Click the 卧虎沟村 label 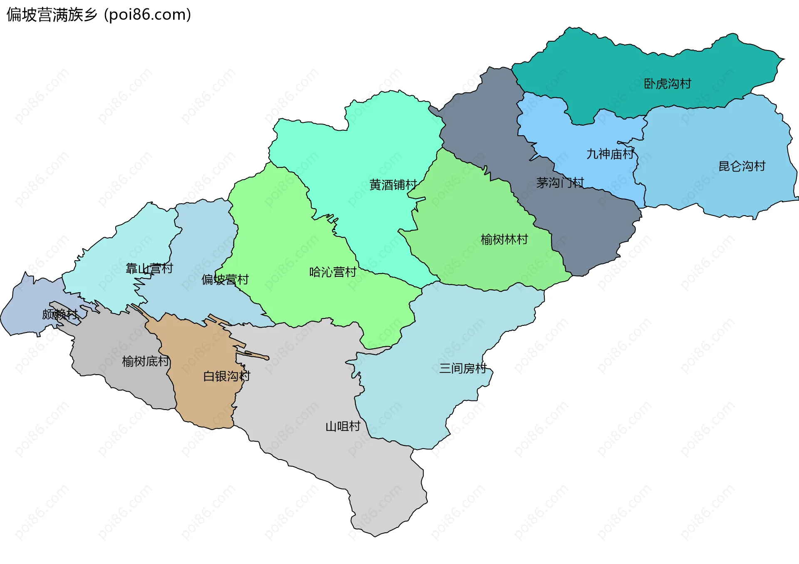(667, 84)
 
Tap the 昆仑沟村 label (742, 166)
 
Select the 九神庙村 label (610, 154)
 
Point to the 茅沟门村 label (560, 182)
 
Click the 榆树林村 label (504, 239)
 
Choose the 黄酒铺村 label (393, 184)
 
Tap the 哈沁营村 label (333, 272)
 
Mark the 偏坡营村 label (225, 279)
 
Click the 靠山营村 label (149, 268)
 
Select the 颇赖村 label (60, 314)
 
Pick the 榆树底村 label (146, 361)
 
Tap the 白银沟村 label (226, 376)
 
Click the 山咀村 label (342, 426)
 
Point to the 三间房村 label (463, 368)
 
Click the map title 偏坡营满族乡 (52, 15)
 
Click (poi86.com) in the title (147, 15)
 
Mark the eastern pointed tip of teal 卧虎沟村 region (783, 59)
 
